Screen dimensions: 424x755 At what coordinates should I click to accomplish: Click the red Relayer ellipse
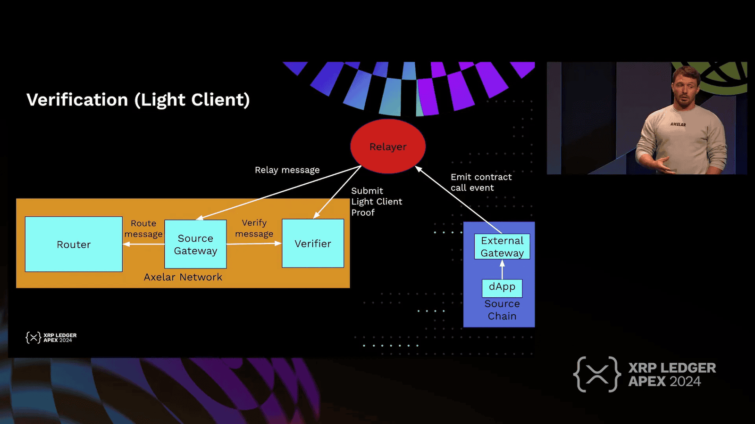pyautogui.click(x=388, y=147)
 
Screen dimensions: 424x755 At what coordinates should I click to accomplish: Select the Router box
pyautogui.click(x=74, y=244)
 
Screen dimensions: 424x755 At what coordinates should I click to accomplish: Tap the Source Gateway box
pyautogui.click(x=195, y=244)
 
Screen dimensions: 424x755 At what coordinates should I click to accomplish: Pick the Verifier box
pyautogui.click(x=313, y=244)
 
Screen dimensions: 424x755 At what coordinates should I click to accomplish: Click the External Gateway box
pyautogui.click(x=502, y=246)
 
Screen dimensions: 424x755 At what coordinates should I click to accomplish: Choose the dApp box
pyautogui.click(x=502, y=287)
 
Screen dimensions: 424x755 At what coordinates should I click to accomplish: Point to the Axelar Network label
pyautogui.click(x=183, y=277)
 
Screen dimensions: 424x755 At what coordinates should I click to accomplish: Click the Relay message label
pyautogui.click(x=287, y=170)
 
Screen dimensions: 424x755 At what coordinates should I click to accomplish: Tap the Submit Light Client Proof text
pyautogui.click(x=376, y=202)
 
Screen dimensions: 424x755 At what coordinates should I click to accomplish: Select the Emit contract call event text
pyautogui.click(x=481, y=182)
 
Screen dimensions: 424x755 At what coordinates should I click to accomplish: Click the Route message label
pyautogui.click(x=143, y=228)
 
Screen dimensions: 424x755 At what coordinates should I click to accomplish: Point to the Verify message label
pyautogui.click(x=254, y=228)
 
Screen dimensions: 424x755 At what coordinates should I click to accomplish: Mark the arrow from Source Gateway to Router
pyautogui.click(x=143, y=244)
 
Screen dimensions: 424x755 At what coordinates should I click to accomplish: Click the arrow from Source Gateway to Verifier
pyautogui.click(x=254, y=244)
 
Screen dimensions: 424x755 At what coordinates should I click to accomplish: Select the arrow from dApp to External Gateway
pyautogui.click(x=502, y=269)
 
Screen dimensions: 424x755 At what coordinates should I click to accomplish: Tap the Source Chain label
pyautogui.click(x=502, y=310)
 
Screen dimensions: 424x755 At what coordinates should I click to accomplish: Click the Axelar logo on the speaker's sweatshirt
pyautogui.click(x=678, y=124)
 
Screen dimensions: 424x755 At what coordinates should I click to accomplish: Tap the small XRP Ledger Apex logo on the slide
pyautogui.click(x=51, y=337)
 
